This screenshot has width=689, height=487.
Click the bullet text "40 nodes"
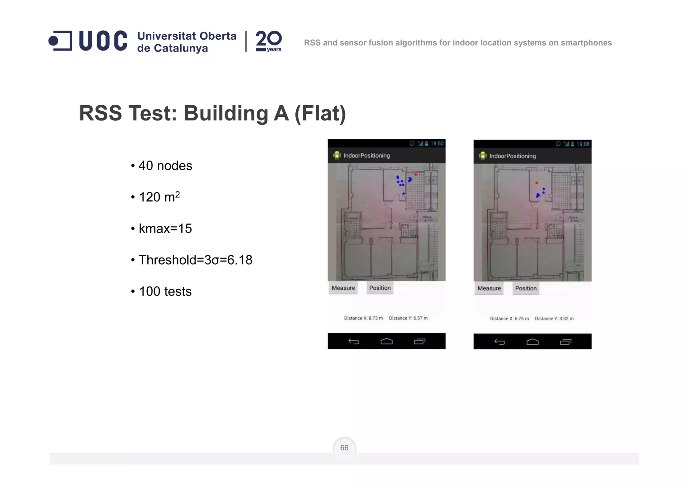coord(165,166)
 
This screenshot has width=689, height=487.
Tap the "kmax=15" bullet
coord(165,229)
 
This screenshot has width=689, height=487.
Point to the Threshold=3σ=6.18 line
coord(195,260)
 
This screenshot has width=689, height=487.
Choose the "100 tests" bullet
coord(165,291)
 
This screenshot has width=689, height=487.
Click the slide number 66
coord(344,448)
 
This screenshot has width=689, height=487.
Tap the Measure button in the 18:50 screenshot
coord(343,288)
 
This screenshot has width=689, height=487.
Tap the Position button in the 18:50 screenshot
coord(380,288)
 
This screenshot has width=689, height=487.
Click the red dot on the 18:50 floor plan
coord(416,174)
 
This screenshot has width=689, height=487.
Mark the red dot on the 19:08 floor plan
coord(537,183)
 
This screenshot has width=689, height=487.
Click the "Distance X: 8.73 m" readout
coord(363,318)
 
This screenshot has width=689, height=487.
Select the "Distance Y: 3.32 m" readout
coord(554,319)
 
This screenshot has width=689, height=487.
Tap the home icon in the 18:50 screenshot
coord(387,342)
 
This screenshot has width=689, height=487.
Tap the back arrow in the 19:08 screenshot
coord(500,342)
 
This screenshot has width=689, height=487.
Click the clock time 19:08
coord(583,144)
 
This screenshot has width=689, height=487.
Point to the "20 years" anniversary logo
coord(268,41)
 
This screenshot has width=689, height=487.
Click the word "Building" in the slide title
coord(226,113)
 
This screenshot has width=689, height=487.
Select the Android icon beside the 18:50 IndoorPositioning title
coord(337,155)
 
